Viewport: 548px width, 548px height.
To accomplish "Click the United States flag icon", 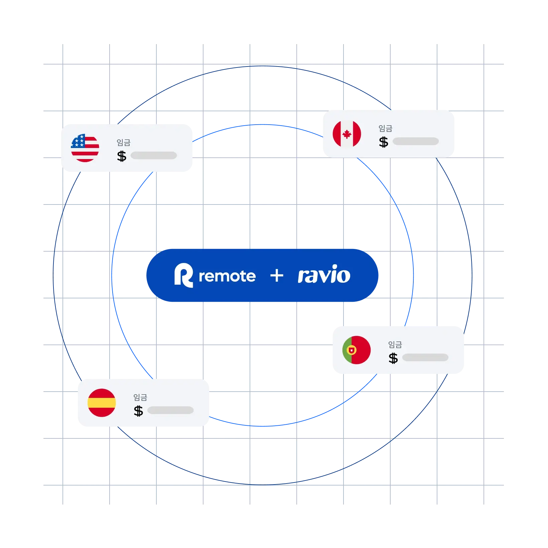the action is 85,148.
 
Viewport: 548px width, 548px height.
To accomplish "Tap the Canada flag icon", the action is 347,134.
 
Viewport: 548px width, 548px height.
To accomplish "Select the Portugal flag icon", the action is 357,350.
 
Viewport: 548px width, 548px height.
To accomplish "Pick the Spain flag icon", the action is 102,403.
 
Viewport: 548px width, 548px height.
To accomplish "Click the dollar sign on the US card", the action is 122,156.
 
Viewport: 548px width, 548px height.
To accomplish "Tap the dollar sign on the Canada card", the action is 384,142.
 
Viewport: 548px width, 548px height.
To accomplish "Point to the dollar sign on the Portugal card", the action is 393,358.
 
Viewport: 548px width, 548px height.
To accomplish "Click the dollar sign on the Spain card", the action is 138,411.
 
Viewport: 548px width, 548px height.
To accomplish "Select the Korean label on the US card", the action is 123,143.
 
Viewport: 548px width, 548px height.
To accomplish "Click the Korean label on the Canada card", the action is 385,128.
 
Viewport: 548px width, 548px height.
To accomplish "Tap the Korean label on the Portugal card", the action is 395,345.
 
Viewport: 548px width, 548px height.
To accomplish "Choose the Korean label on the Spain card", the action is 140,397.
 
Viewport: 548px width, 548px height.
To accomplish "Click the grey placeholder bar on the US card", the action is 154,155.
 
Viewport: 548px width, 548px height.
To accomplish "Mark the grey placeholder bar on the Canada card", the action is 416,141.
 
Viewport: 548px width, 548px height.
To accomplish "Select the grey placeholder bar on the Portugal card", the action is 425,357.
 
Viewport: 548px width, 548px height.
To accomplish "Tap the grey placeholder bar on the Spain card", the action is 170,410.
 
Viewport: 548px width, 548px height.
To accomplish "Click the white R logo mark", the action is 183,275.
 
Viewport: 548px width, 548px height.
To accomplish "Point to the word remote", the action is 227,276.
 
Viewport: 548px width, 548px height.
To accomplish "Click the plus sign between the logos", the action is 277,276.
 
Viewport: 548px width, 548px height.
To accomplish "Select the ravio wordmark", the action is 324,274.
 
